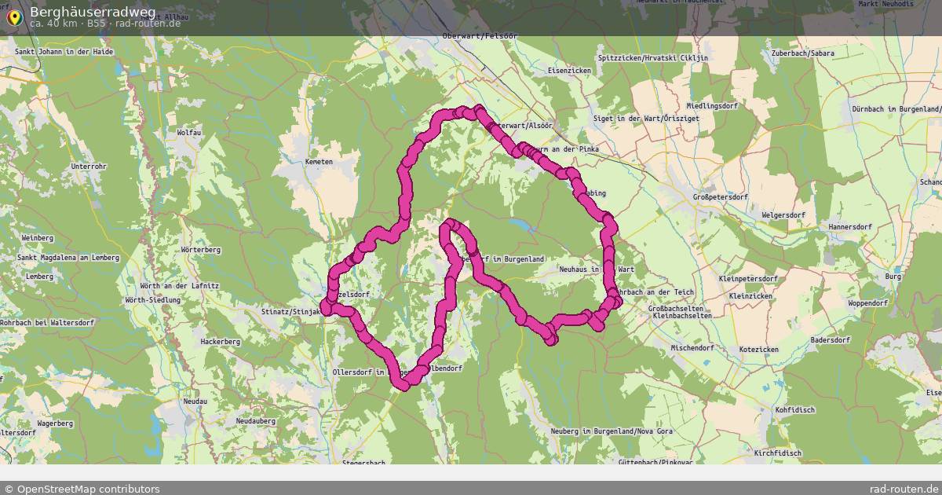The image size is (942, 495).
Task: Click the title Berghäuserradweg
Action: tap(93, 12)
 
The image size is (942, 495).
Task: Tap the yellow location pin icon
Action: tap(14, 16)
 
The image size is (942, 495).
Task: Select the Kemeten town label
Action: tap(319, 162)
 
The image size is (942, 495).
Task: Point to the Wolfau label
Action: tap(189, 133)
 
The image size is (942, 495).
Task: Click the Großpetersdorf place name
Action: tap(721, 197)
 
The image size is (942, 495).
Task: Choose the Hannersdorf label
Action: tap(849, 227)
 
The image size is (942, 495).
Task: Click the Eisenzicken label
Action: tap(569, 71)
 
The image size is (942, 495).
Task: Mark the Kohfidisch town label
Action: tap(794, 410)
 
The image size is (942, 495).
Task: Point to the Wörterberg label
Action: tap(200, 250)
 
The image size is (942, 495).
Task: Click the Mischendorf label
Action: tap(692, 347)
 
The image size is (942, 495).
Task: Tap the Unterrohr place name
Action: tap(89, 167)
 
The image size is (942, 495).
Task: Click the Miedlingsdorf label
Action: tap(712, 106)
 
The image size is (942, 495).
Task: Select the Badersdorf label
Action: tap(830, 340)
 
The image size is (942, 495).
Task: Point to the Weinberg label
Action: tap(37, 237)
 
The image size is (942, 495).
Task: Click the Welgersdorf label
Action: tap(783, 214)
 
